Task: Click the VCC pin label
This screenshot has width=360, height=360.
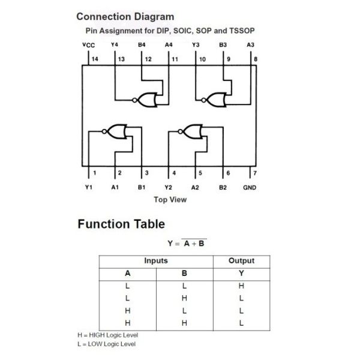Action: (x=89, y=45)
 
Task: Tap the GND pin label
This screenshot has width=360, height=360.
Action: (x=250, y=188)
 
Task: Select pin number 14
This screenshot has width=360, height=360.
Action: (x=95, y=59)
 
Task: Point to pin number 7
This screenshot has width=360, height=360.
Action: (x=255, y=173)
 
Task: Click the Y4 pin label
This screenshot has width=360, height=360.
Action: (x=115, y=44)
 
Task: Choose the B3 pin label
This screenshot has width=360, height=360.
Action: (x=223, y=44)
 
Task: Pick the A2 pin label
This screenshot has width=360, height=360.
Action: (x=195, y=188)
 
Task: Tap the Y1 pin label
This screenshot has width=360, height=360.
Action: (x=89, y=187)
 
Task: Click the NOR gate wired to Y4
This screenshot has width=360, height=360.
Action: (x=145, y=100)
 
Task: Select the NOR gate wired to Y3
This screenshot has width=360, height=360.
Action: (x=214, y=100)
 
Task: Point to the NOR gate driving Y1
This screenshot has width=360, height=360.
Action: (x=115, y=131)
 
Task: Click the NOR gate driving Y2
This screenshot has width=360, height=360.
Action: (x=190, y=131)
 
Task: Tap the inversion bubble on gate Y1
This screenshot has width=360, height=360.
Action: (x=104, y=131)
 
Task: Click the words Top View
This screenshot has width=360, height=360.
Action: (x=170, y=200)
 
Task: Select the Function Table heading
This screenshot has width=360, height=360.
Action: (x=121, y=224)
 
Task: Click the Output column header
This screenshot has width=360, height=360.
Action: (x=241, y=260)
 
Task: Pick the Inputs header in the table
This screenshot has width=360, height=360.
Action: (x=156, y=260)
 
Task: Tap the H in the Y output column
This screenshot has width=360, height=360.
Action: (x=241, y=286)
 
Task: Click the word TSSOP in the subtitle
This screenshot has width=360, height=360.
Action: (x=242, y=31)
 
